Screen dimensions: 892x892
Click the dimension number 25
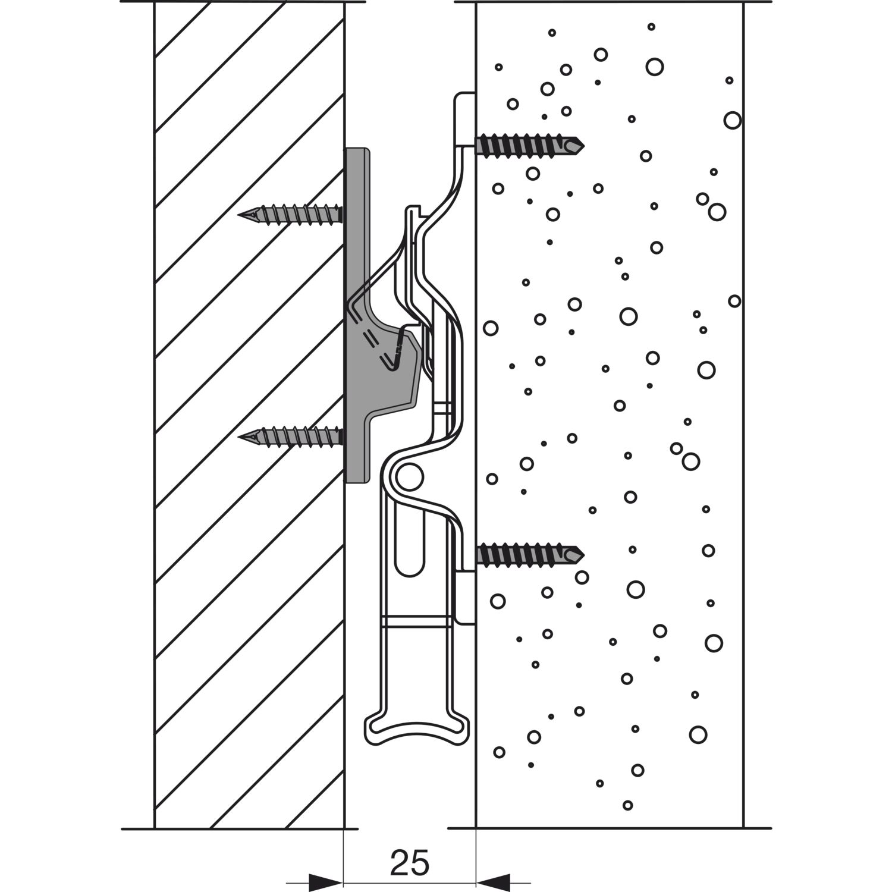tap(410, 863)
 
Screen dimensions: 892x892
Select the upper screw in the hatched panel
tap(291, 214)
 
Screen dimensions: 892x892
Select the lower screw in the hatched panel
tap(291, 436)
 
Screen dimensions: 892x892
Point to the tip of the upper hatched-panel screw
tap(240, 215)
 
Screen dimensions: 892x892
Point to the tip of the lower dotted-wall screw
tap(583, 555)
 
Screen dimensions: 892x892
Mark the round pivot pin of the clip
tap(410, 477)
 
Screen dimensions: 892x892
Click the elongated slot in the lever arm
tap(410, 547)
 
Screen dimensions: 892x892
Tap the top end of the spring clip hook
tap(413, 210)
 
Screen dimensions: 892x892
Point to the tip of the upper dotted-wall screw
tap(583, 145)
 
